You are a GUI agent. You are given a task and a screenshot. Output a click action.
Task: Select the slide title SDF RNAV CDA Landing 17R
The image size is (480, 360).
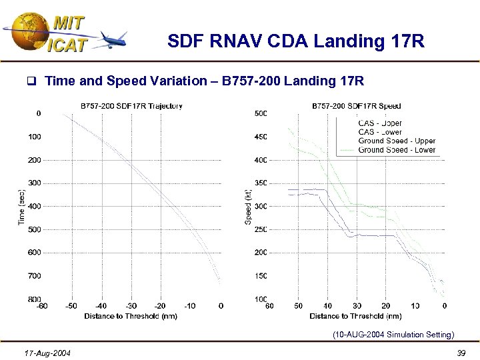pyautogui.click(x=296, y=42)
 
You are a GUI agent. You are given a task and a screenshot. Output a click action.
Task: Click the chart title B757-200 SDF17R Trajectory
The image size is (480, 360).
pyautogui.click(x=131, y=105)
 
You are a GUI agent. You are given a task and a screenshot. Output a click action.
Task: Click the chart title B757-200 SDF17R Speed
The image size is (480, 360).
pyautogui.click(x=356, y=105)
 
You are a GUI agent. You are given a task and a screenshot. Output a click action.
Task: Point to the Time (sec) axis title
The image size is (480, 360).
pyautogui.click(x=20, y=206)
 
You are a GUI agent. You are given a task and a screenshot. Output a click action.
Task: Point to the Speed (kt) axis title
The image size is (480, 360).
pyautogui.click(x=248, y=206)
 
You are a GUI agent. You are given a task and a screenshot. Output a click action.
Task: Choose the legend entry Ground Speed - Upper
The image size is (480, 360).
pyautogui.click(x=396, y=141)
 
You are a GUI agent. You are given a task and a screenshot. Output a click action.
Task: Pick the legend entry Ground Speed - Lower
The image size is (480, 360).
pyautogui.click(x=396, y=150)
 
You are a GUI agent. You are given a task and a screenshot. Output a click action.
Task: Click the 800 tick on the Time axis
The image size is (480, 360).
pyautogui.click(x=34, y=299)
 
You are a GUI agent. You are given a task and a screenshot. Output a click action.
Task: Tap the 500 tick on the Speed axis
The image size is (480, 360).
pyautogui.click(x=261, y=113)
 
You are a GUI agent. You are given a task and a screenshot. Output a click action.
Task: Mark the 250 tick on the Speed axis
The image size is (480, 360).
pyautogui.click(x=261, y=229)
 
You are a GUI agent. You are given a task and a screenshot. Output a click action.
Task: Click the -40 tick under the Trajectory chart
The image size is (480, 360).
pyautogui.click(x=100, y=306)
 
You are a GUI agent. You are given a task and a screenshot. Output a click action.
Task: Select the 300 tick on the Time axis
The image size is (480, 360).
pyautogui.click(x=34, y=183)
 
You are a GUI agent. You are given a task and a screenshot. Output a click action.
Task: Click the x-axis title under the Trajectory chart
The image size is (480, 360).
pyautogui.click(x=131, y=316)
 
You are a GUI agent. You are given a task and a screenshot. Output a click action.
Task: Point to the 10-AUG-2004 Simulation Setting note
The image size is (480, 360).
pyautogui.click(x=393, y=335)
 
